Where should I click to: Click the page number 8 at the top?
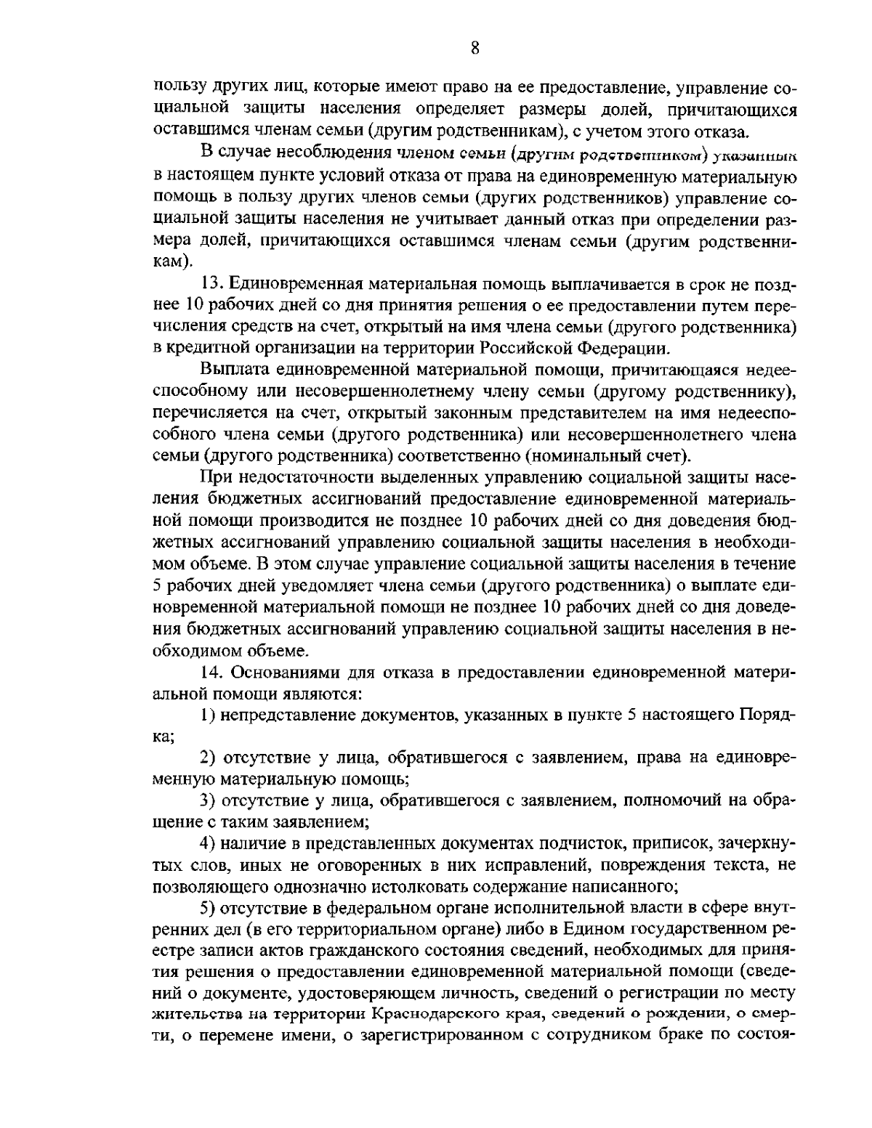474,48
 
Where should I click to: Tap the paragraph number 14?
211,673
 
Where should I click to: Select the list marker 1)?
208,715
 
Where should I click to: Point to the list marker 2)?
209,758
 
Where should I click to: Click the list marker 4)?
209,844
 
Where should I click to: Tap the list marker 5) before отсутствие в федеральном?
209,908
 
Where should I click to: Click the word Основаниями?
281,673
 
